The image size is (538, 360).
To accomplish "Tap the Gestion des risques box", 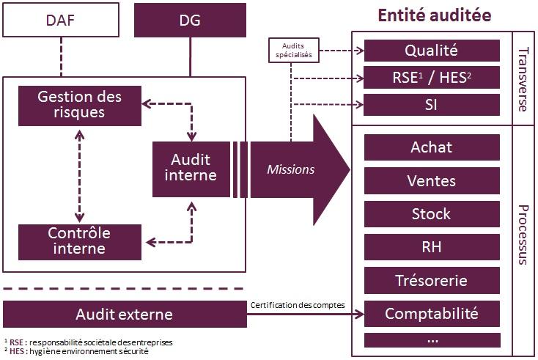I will pos(79,104).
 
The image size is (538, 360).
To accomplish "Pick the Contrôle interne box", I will pos(79,240).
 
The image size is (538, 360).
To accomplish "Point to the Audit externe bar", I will pos(124,315).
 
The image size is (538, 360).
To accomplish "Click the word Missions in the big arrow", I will pos(290,169).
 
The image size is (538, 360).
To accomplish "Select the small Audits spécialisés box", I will pos(291,49).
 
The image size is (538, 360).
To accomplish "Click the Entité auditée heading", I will pos(433,15).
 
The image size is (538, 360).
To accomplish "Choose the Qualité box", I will pos(431,51).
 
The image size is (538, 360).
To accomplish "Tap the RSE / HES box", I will pos(431,78).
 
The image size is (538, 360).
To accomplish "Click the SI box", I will pos(431,105).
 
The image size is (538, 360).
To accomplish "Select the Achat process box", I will pos(431,147).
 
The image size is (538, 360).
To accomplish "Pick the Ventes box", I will pos(431,180).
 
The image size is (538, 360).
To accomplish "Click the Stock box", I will pos(431,214).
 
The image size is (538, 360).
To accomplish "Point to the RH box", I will pos(431,248).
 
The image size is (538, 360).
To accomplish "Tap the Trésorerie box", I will pos(431,281).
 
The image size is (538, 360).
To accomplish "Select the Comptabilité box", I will pos(431,315).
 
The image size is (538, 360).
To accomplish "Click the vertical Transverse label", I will pos(522,79).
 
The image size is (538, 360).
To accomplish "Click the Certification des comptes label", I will pos(296,304).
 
